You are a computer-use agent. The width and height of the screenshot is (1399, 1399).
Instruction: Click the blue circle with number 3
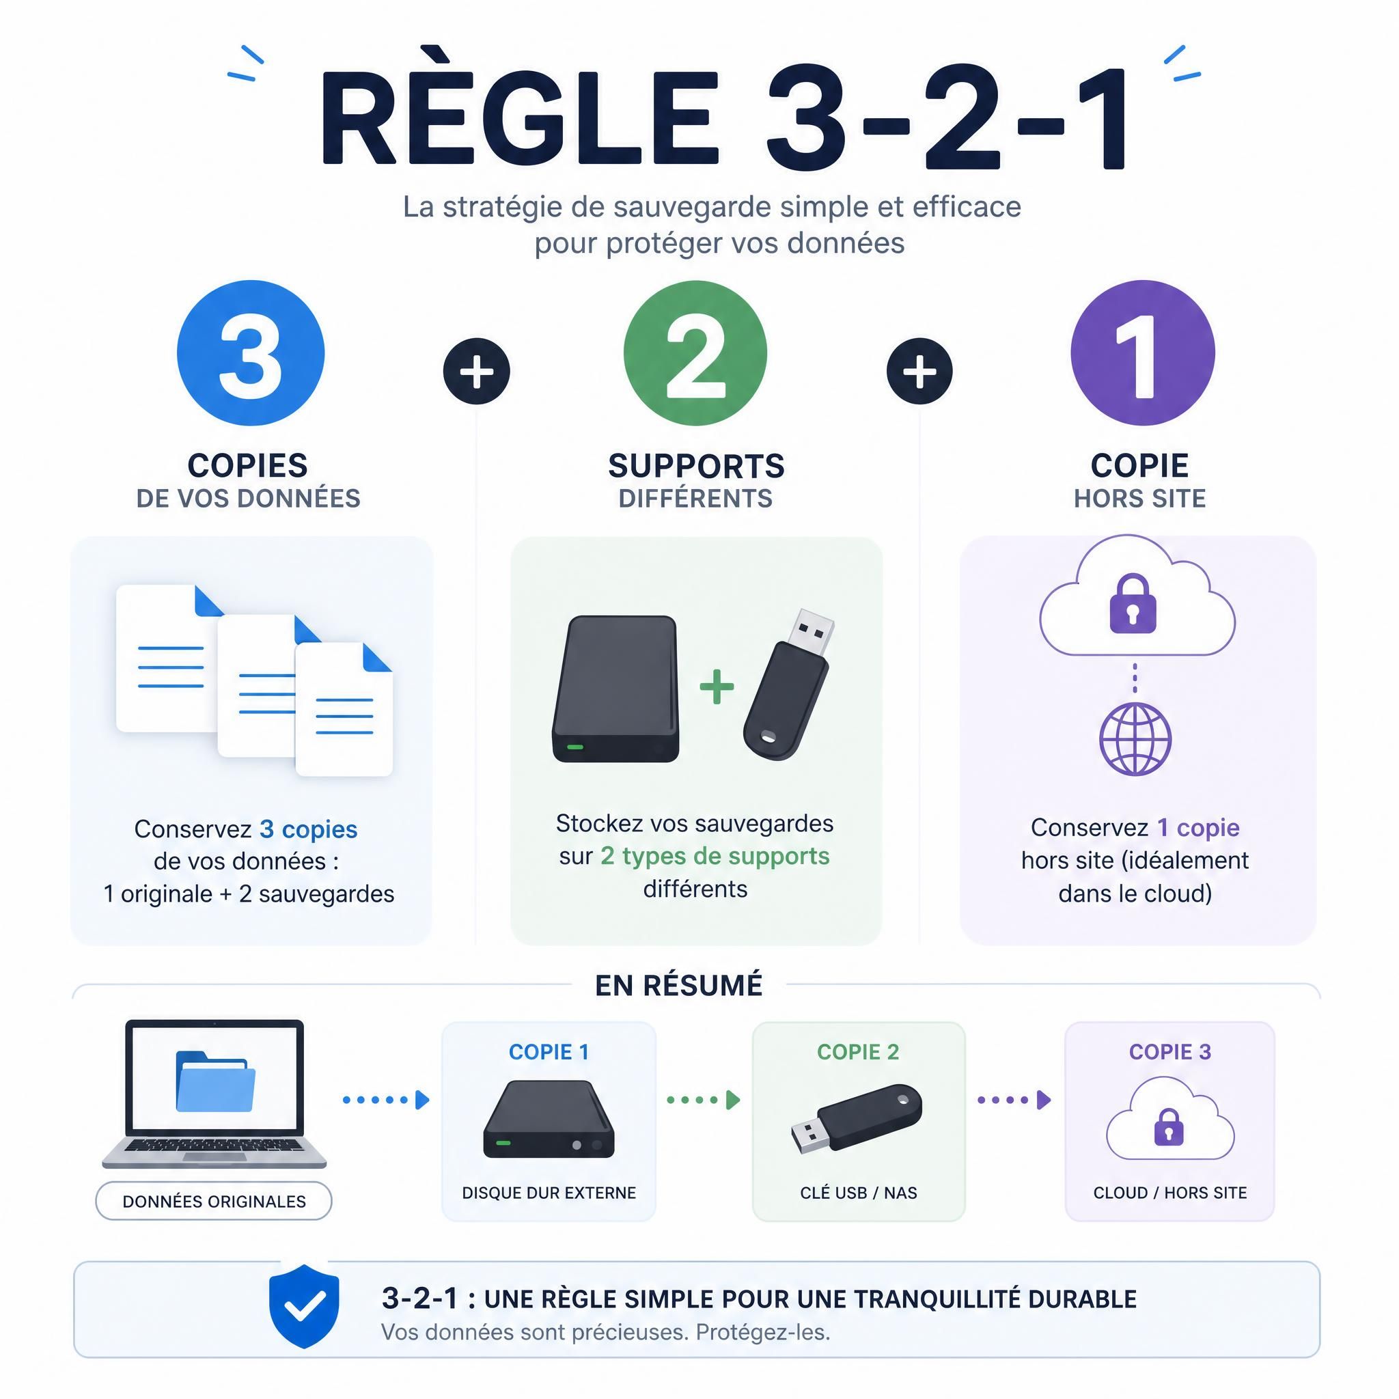251,353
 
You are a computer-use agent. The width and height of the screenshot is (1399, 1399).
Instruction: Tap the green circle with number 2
695,353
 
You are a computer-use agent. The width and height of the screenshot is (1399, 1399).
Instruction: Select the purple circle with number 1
1143,353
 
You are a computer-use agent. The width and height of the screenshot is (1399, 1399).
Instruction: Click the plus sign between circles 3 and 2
477,372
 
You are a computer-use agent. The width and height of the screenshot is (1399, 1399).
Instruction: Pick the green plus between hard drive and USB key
717,687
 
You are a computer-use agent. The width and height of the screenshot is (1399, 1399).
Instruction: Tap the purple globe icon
1135,738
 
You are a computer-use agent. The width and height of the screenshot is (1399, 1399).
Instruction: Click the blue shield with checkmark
304,1306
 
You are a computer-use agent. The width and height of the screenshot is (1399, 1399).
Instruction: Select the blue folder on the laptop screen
215,1081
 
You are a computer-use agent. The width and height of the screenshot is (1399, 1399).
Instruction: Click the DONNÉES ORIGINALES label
214,1202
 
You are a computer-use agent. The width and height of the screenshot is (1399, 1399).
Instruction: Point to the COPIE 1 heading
549,1052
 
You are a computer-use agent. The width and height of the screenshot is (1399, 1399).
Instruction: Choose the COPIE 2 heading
858,1052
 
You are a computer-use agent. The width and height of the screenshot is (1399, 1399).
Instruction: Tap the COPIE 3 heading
1170,1052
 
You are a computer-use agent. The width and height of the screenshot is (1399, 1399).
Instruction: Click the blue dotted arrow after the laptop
386,1100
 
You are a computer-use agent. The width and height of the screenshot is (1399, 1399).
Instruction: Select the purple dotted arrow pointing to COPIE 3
1014,1100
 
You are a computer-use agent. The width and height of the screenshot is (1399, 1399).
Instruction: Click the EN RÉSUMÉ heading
679,986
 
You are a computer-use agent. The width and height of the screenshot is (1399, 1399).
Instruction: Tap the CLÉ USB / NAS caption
859,1193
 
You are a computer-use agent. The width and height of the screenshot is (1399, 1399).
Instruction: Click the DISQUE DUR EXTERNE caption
549,1193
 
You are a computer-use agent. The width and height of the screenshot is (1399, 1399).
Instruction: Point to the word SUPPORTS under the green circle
697,466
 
